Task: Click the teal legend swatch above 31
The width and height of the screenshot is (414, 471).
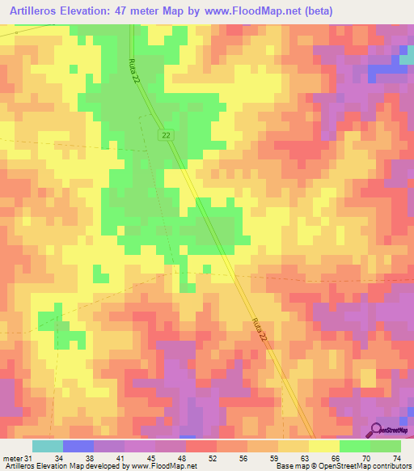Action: [47, 446]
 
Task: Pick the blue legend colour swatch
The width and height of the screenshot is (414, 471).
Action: [78, 446]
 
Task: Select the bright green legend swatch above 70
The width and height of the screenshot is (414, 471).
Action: [354, 446]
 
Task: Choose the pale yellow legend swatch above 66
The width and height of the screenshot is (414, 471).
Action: [323, 446]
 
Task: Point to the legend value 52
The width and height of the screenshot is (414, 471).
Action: [200, 458]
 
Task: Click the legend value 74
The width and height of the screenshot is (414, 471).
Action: [396, 458]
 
